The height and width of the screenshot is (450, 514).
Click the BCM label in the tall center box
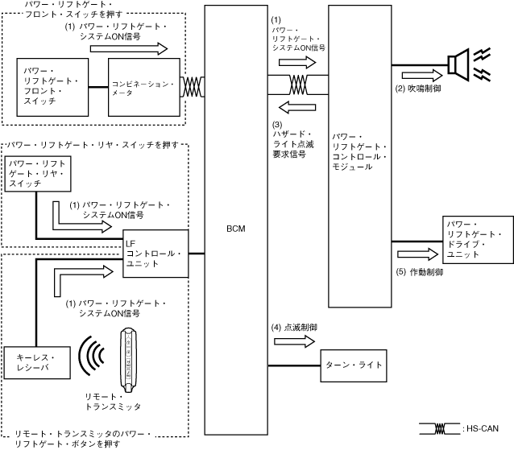tap(236, 229)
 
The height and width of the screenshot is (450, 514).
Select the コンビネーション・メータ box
tap(143, 88)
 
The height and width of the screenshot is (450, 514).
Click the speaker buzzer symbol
tap(460, 64)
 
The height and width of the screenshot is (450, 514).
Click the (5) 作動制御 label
tap(420, 272)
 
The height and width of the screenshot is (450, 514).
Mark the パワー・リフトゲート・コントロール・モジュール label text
tap(360, 151)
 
